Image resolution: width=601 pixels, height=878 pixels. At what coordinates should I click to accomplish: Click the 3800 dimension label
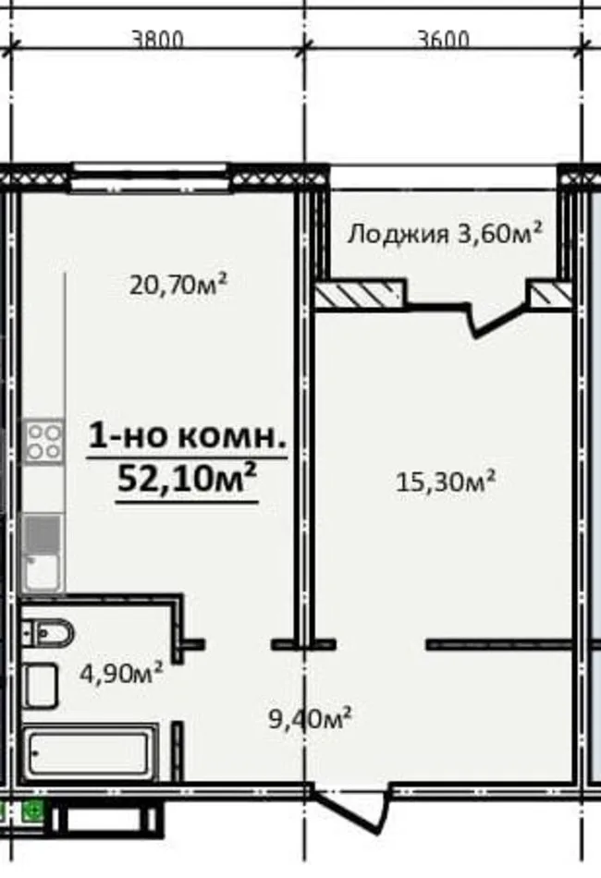pyautogui.click(x=158, y=40)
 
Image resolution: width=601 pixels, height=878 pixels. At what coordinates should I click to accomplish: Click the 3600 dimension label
pyautogui.click(x=443, y=40)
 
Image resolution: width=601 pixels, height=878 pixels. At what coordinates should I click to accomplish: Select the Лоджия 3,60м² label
pyautogui.click(x=444, y=233)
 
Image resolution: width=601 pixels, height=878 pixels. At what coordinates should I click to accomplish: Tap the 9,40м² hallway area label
pyautogui.click(x=309, y=717)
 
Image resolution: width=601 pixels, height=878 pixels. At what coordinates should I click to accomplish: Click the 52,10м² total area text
pyautogui.click(x=187, y=480)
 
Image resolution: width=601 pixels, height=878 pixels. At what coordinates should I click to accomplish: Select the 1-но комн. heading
pyautogui.click(x=188, y=437)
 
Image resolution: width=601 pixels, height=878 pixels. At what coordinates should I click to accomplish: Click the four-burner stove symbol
pyautogui.click(x=43, y=441)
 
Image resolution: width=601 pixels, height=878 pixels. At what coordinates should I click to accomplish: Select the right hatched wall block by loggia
pyautogui.click(x=550, y=295)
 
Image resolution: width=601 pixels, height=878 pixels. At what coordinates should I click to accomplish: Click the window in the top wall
pyautogui.click(x=150, y=177)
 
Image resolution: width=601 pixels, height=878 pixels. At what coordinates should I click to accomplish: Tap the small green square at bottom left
pyautogui.click(x=33, y=812)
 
